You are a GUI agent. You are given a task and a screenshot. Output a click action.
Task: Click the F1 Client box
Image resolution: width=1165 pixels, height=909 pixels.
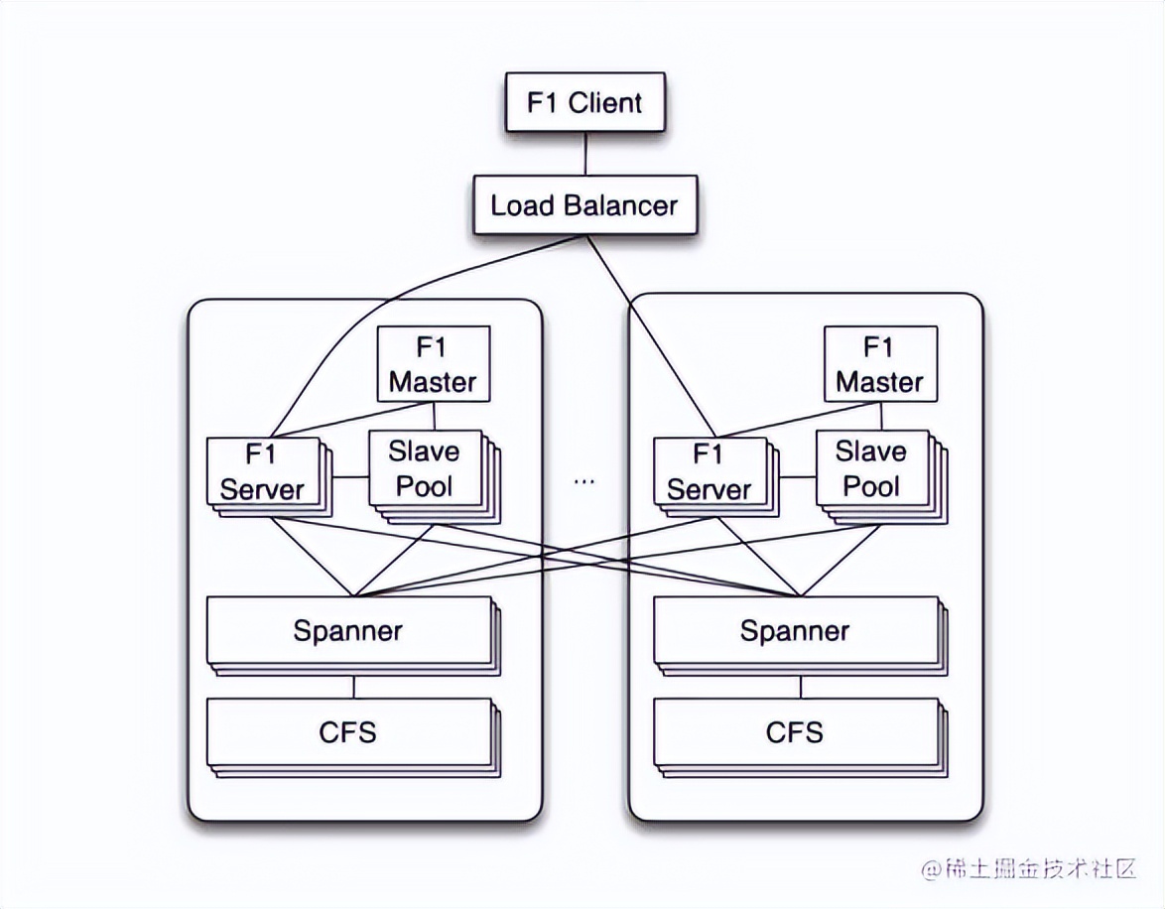tap(583, 102)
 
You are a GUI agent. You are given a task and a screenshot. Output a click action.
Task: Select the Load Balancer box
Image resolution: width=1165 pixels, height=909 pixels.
tap(583, 205)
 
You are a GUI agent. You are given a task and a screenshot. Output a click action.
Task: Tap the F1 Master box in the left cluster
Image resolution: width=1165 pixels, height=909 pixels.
tap(433, 364)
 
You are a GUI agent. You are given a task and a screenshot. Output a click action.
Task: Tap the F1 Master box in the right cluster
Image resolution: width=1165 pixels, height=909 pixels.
tap(879, 364)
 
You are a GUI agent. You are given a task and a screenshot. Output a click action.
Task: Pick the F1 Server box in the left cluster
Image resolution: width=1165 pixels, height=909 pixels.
tap(262, 471)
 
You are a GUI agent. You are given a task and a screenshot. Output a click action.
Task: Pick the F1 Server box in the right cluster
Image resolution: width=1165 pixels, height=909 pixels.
tap(709, 471)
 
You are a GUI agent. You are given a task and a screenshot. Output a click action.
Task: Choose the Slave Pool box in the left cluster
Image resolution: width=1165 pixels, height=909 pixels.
tap(424, 468)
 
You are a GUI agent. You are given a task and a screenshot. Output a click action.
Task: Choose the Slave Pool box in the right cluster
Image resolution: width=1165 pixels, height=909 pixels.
tap(870, 468)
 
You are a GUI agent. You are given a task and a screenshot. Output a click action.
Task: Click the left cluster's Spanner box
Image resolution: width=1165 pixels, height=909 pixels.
tap(348, 630)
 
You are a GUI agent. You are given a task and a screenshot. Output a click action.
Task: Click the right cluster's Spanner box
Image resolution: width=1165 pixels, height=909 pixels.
tap(795, 630)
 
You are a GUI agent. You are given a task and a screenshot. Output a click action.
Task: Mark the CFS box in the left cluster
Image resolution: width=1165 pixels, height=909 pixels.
tap(348, 732)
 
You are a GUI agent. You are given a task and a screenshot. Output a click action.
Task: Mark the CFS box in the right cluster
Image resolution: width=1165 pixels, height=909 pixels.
tap(795, 732)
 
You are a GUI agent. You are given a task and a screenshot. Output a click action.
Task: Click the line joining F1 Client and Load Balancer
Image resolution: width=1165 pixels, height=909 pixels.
tap(584, 153)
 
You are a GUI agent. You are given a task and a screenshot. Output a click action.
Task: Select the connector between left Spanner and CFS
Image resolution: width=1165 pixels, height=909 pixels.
tap(354, 686)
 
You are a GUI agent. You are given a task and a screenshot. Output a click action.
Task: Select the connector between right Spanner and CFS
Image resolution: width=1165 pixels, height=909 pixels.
tap(801, 686)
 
